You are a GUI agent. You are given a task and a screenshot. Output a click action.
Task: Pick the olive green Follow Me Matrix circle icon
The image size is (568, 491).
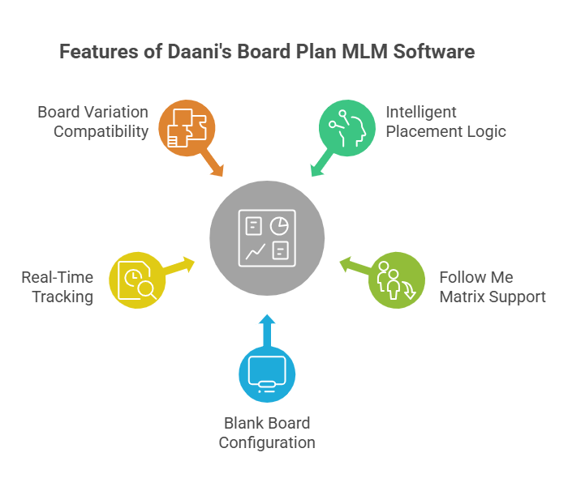[396, 280]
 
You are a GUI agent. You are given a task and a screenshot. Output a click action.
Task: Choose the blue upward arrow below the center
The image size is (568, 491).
[267, 328]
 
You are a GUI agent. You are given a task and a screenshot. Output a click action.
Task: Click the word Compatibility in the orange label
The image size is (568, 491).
[101, 131]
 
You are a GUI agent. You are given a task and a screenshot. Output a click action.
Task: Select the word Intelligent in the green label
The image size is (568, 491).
[421, 112]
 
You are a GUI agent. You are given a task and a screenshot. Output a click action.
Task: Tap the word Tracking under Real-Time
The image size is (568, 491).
[62, 297]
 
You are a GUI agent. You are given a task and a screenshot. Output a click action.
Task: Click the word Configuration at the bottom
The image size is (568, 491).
[267, 442]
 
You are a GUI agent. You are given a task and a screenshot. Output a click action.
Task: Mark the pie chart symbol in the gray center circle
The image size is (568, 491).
[280, 224]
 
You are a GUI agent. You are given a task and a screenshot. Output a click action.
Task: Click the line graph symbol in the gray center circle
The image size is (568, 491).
[255, 252]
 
